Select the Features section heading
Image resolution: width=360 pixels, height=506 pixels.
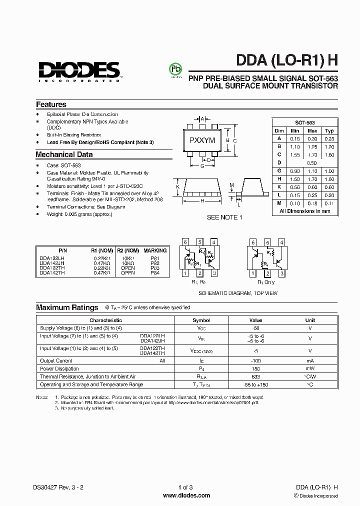pos(51,104)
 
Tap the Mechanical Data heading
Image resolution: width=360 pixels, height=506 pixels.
pos(64,154)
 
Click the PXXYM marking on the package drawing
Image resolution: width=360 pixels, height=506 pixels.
pos(202,140)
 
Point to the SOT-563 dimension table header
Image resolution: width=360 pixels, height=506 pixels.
pos(304,122)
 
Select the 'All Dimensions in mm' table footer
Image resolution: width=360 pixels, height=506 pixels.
pos(304,211)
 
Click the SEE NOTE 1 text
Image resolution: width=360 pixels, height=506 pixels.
pos(224,217)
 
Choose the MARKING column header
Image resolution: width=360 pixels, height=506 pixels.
pos(155,250)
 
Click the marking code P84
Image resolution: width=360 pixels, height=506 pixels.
pos(155,273)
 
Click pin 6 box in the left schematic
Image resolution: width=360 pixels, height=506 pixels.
pos(184,242)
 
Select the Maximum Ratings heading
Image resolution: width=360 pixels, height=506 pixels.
pos(67,307)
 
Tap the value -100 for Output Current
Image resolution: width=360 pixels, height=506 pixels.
pos(255,360)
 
